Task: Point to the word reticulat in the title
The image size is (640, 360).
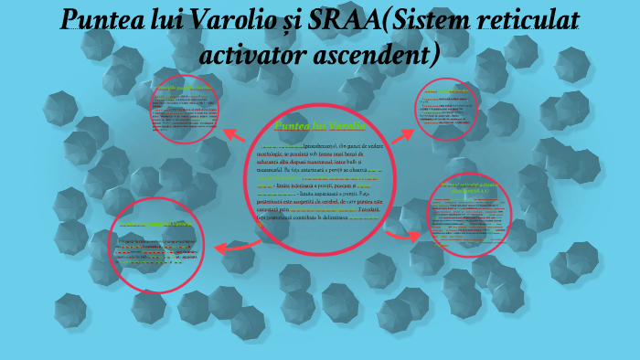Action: point(532,20)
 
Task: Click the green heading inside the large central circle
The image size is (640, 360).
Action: point(319,125)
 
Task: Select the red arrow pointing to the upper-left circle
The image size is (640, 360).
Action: point(234,135)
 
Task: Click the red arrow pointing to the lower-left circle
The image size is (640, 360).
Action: point(237,245)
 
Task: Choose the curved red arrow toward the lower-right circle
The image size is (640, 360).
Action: point(398,236)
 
